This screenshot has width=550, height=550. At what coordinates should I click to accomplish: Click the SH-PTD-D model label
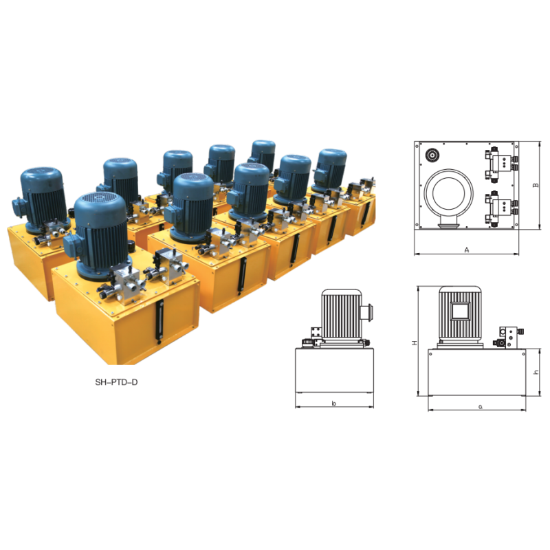click(x=116, y=382)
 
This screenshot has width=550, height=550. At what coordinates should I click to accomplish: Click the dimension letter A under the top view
click(x=467, y=250)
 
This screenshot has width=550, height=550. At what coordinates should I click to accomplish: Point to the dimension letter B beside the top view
click(x=536, y=185)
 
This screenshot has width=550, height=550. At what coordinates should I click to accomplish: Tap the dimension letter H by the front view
click(x=415, y=342)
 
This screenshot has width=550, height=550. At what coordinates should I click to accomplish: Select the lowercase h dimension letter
click(x=536, y=372)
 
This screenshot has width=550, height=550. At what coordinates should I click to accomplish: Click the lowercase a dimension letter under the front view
click(x=481, y=407)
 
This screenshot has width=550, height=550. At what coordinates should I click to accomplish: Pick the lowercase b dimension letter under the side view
click(x=334, y=404)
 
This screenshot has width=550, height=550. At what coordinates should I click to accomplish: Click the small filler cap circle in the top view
click(x=432, y=155)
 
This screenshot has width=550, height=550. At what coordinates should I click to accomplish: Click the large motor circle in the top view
click(x=449, y=193)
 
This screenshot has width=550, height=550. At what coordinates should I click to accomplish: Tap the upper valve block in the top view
click(x=501, y=164)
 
